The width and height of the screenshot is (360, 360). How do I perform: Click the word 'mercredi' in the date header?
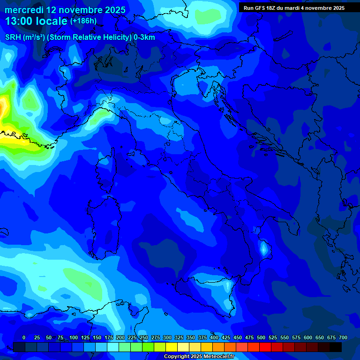tap(24, 10)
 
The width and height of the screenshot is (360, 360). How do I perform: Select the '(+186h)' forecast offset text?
tap(83, 21)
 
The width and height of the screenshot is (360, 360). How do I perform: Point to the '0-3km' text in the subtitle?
tap(144, 37)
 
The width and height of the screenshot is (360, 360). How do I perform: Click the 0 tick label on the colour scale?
tap(24, 338)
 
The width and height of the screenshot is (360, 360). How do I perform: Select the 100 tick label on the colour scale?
tap(74, 338)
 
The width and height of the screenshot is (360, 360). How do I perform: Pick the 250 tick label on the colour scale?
tap(144, 338)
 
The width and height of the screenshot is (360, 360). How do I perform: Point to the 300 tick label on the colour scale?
tap(167, 338)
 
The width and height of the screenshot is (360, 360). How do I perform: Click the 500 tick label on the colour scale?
tap(261, 338)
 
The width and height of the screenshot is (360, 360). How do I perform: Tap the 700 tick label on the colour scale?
tap(343, 338)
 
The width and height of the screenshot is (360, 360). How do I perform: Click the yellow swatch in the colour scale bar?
tap(172, 347)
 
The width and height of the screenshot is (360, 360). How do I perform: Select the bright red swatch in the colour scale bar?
tap(265, 347)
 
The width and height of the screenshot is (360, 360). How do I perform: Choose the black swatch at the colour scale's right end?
tap(336, 347)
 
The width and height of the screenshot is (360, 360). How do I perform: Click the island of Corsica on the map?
tap(106, 164)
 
